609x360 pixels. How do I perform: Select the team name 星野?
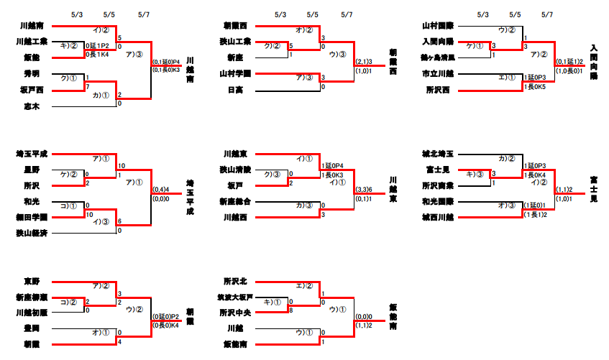pos(32,170)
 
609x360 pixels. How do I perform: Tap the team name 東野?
pos(32,281)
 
